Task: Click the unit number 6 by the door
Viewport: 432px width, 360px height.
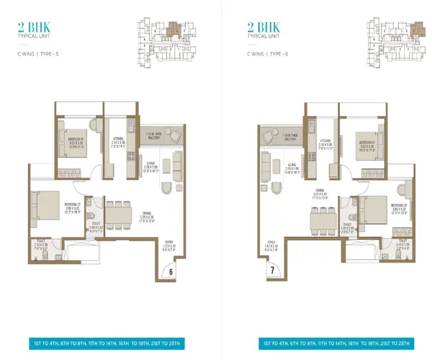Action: (x=171, y=271)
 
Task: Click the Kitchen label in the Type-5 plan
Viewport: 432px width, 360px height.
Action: (x=120, y=140)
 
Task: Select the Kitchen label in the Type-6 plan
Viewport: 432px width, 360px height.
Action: (x=325, y=142)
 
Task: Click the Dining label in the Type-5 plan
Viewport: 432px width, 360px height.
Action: (x=146, y=216)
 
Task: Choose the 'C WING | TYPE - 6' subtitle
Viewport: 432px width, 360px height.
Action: (x=266, y=53)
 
